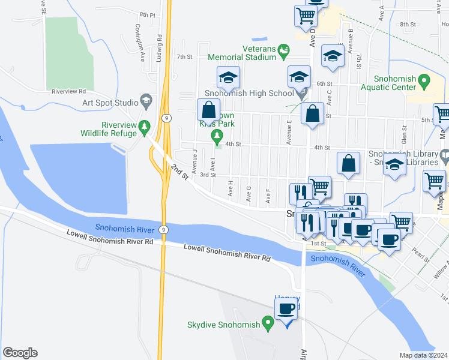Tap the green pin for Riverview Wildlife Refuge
[144, 127]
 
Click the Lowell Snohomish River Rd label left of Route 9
[110, 239]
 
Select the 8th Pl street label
[146, 14]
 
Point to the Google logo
[20, 353]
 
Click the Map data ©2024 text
[423, 355]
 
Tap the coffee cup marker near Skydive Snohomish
[286, 310]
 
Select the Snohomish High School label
[249, 93]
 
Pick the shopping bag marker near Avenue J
[208, 110]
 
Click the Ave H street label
[231, 188]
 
